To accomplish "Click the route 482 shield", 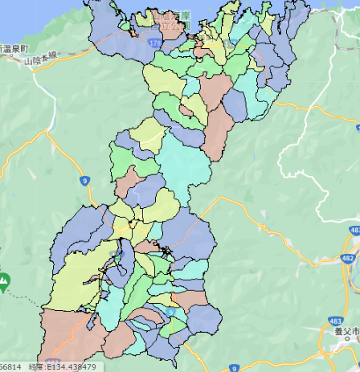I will [346, 257].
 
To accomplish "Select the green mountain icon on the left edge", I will [5, 281].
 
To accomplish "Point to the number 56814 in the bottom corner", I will [10, 366].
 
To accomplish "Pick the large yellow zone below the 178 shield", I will [164, 80].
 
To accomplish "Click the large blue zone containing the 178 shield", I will [112, 32].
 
